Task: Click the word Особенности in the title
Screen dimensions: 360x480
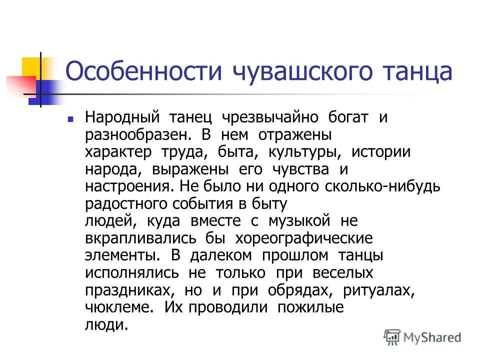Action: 144,72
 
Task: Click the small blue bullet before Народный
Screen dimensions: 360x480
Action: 71,120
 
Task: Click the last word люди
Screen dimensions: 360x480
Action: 106,324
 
